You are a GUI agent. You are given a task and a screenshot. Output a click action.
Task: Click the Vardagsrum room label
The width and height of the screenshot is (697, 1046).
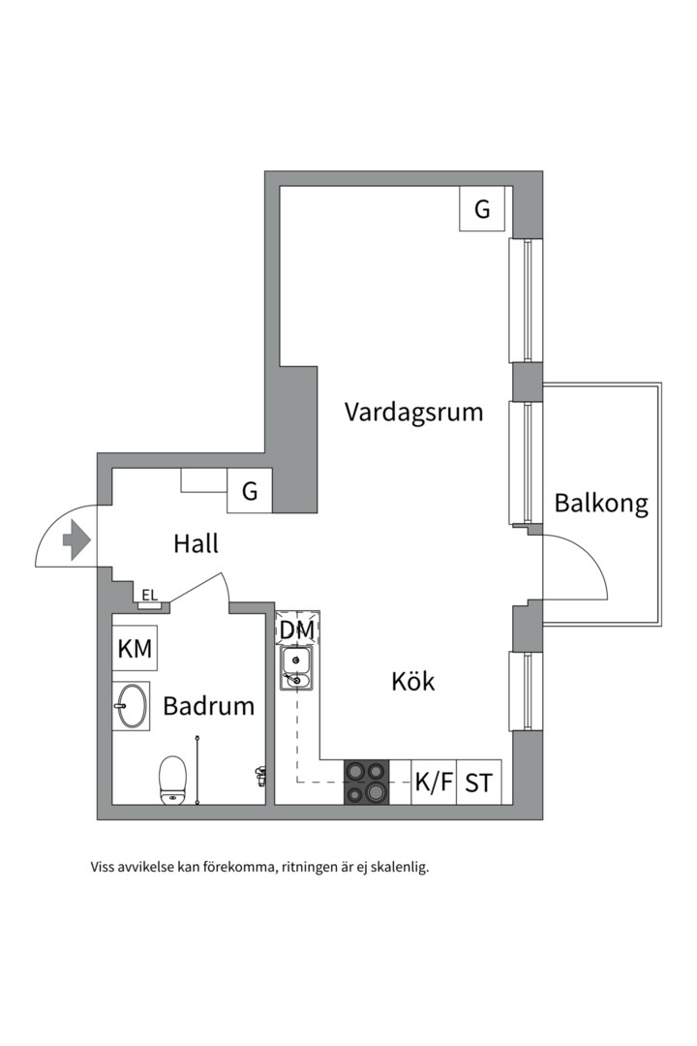pos(413,413)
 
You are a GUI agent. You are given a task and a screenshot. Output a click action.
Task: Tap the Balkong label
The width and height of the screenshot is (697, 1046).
pos(600,504)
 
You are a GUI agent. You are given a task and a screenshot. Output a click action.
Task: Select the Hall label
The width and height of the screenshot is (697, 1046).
pos(196,543)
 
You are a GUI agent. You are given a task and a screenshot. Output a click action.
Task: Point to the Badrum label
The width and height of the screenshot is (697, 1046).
pos(208,706)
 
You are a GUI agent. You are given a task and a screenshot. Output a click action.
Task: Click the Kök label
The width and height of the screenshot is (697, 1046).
pos(413,681)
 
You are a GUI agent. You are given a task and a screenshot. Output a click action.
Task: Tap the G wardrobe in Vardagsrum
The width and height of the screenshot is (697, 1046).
pos(482,209)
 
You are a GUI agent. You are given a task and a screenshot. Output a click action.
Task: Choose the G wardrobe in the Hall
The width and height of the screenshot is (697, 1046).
pos(250,491)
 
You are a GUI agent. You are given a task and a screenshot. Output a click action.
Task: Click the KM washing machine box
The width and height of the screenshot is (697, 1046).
pos(135,650)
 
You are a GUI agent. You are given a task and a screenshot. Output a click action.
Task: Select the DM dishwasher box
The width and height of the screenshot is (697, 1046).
pos(297,631)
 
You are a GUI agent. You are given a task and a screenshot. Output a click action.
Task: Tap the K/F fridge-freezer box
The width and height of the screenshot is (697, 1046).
pos(434,783)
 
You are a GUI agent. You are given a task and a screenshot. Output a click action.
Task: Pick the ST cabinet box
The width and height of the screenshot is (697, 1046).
pos(478,783)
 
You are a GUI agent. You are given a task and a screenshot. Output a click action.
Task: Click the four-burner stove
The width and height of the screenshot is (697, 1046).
pos(367,783)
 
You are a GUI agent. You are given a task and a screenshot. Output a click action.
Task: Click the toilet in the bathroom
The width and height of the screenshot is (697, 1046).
pos(173,779)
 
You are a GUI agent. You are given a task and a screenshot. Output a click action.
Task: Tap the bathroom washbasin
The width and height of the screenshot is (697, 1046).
pos(131,705)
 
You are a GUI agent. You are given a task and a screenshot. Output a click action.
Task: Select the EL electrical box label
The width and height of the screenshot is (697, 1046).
pos(149,596)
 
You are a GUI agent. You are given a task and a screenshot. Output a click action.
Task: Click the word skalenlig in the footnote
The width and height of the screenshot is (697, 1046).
pos(399,867)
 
